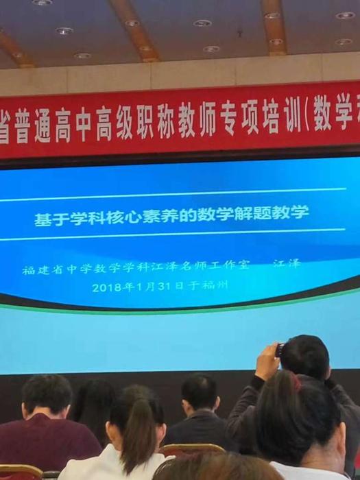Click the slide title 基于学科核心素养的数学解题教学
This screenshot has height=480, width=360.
point(171,215)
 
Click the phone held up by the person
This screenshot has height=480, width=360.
point(279,350)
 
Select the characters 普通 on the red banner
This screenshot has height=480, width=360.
point(33,126)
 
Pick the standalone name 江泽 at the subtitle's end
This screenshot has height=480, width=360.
point(287,263)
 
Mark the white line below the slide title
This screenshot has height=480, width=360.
point(172,234)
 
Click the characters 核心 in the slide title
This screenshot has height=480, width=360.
point(124,217)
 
